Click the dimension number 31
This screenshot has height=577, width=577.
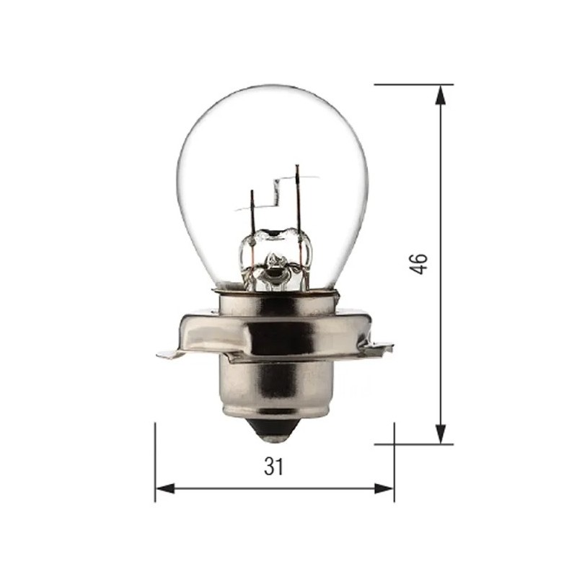pyautogui.click(x=273, y=467)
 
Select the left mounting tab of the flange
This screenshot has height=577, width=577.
pyautogui.click(x=169, y=353)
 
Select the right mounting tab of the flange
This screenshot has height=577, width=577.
pyautogui.click(x=380, y=350)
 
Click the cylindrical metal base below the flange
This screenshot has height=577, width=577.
pyautogui.click(x=273, y=389)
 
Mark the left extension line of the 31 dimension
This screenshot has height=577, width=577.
pyautogui.click(x=155, y=462)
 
